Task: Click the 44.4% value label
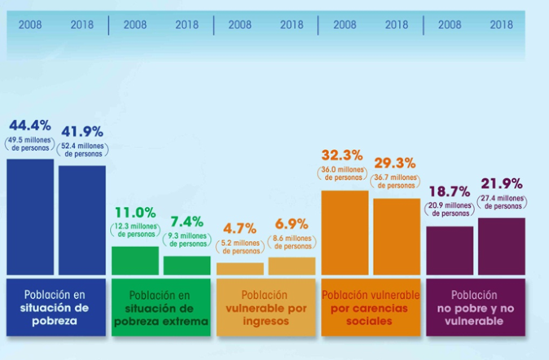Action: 30,125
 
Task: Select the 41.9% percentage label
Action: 82,131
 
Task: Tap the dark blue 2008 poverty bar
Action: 30,216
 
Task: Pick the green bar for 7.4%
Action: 187,266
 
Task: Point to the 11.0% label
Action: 134,213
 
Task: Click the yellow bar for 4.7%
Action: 240,269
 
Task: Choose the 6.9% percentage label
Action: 292,222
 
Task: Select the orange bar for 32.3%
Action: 345,232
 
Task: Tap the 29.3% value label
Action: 397,162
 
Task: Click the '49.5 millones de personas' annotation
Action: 30,144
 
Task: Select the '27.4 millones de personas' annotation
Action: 501,203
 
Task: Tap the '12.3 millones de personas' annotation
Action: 134,230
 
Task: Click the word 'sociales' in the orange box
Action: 370,321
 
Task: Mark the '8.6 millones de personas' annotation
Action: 292,241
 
